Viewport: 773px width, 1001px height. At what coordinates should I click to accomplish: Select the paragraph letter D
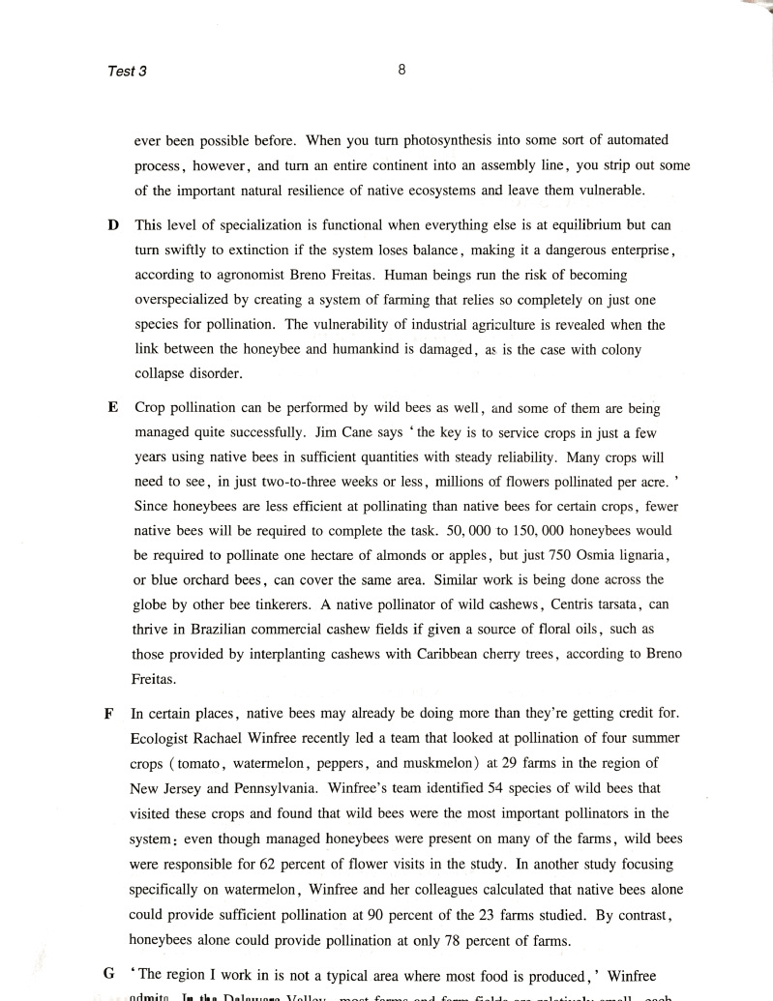point(113,225)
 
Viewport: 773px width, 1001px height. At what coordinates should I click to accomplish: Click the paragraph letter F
point(108,715)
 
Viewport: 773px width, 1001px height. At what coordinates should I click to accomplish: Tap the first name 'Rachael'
point(221,740)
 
